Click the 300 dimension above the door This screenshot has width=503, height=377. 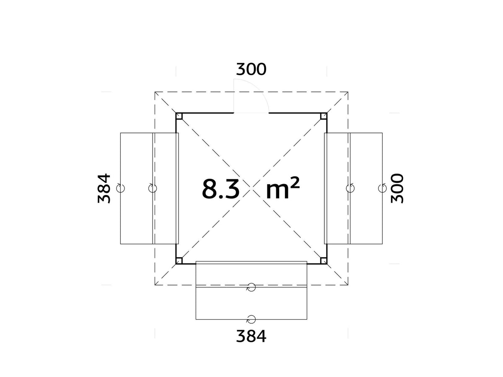coord(251,69)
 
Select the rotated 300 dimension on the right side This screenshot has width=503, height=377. coord(397,188)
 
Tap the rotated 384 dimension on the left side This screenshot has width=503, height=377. coord(104,188)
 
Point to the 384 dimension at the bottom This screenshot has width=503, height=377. coord(251,336)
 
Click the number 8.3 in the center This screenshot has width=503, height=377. coord(220,189)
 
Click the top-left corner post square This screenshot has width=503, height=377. coord(179,116)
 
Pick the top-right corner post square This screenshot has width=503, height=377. coord(324,116)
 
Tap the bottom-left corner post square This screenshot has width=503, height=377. coord(179,261)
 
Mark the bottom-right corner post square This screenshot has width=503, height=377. coord(324,261)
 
